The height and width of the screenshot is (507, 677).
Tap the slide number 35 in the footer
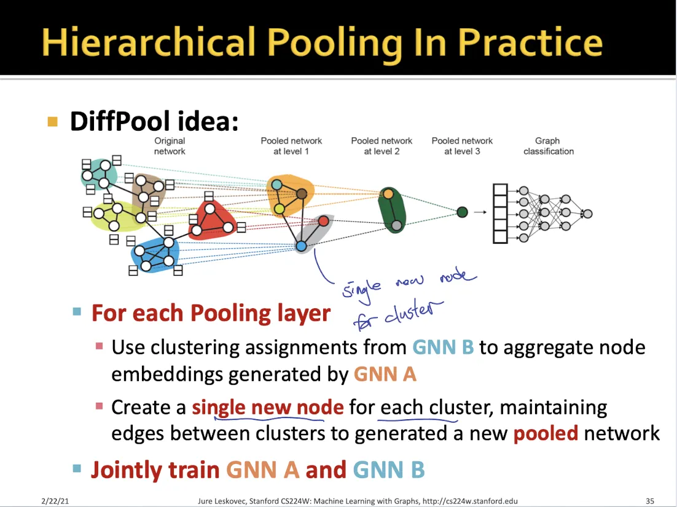pos(650,501)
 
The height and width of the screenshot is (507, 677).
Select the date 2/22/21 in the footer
pos(55,501)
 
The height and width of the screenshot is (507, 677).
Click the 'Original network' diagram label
pos(170,146)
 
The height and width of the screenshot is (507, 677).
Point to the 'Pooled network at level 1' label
pos(291,146)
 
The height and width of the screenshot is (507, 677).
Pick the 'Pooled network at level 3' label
pos(462,146)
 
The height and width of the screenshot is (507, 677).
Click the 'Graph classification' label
pos(548,146)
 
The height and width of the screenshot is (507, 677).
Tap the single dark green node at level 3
pos(463,212)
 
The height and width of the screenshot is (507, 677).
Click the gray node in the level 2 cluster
pos(396,225)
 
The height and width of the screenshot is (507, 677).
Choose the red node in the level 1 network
pos(323,221)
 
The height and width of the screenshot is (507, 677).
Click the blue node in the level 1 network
pos(301,246)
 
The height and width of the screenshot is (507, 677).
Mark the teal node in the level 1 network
pos(276,184)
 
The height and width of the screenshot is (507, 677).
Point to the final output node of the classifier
pos(587,214)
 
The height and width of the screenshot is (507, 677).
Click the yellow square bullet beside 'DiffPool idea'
pos(53,122)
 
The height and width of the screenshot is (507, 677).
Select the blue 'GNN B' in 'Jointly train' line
pos(388,470)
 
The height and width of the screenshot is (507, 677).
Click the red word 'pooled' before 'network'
pos(546,434)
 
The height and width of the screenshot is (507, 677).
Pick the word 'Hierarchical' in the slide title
pos(148,42)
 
